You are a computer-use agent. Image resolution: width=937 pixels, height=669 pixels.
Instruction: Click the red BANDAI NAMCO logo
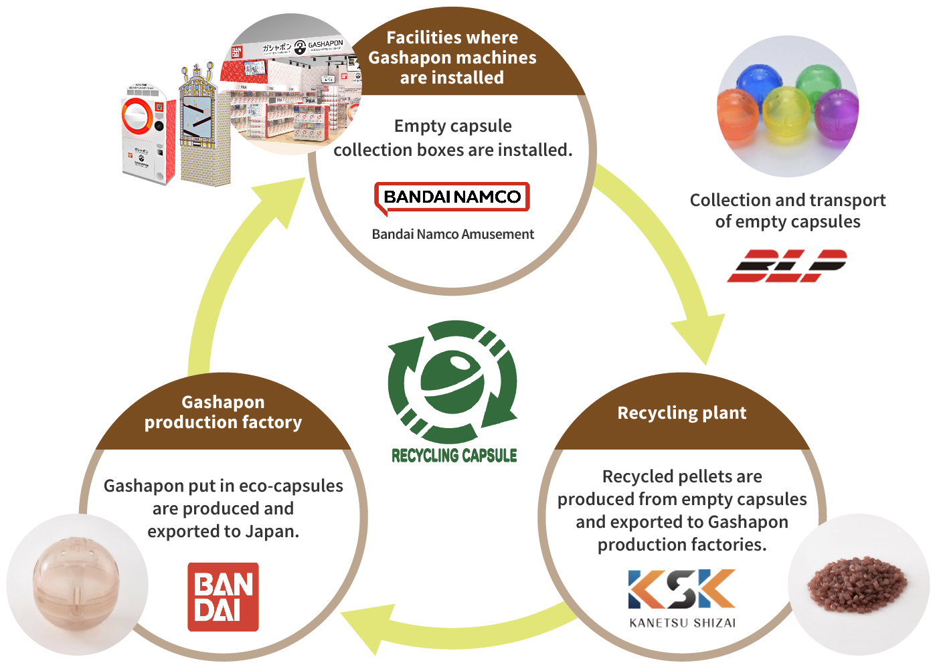tap(452, 197)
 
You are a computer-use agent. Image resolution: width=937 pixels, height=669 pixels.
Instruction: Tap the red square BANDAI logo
tap(223, 597)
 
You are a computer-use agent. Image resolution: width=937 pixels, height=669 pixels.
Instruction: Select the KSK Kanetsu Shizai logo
tap(682, 597)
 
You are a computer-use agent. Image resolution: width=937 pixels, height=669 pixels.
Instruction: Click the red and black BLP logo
tap(787, 266)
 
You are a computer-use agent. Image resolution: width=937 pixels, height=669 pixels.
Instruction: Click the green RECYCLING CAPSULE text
tap(454, 456)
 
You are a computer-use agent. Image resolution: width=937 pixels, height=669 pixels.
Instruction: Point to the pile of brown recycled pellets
tap(858, 585)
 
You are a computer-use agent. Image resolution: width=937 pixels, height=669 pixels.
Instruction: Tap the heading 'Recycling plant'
tap(681, 413)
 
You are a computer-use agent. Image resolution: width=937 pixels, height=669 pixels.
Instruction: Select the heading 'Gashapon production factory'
tap(223, 412)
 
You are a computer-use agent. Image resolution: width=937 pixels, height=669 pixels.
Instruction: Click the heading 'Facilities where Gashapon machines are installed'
tap(452, 58)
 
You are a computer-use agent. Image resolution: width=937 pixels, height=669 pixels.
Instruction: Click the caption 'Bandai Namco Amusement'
tap(452, 234)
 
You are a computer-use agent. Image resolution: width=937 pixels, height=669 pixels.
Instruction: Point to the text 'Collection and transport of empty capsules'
tap(787, 211)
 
